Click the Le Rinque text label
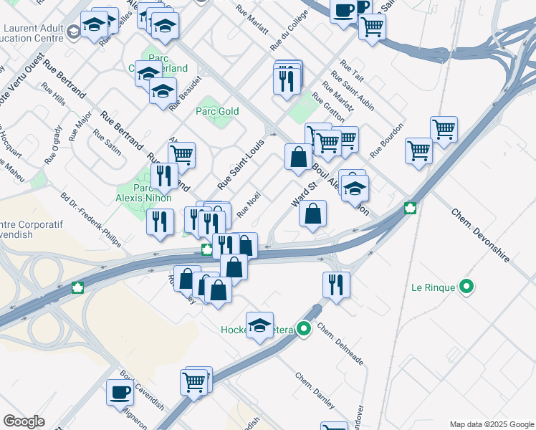point(433,288)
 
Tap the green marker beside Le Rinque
point(467,288)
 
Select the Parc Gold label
point(217,111)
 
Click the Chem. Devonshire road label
point(479,235)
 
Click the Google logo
point(24,421)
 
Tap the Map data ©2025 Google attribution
point(492,424)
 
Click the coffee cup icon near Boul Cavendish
point(120,392)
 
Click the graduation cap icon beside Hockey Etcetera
point(259,325)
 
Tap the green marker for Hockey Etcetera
point(304,330)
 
